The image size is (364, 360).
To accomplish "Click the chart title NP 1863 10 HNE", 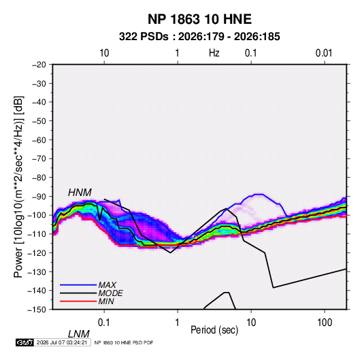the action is (x=199, y=19).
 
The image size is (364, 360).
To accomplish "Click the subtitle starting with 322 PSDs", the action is (x=199, y=37).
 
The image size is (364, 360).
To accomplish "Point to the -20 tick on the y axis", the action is (x=39, y=65).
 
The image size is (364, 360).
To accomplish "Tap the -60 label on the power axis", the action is (x=39, y=140).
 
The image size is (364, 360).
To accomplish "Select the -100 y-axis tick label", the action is (x=37, y=215).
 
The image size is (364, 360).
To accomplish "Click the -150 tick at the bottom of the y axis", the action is (x=37, y=310).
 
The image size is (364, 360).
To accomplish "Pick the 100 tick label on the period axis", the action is (x=325, y=323).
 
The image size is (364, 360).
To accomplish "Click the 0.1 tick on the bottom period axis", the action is (x=104, y=323).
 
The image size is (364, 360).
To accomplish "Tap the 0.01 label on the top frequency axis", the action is (x=324, y=53).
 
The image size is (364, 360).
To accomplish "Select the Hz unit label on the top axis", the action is (x=214, y=53).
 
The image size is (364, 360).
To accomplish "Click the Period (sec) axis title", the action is (x=214, y=330).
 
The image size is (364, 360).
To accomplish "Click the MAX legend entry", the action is (x=107, y=285).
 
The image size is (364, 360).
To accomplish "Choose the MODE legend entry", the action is (x=110, y=293).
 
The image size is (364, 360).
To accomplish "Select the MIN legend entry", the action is (x=106, y=301).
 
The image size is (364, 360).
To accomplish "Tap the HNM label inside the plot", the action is (x=80, y=193).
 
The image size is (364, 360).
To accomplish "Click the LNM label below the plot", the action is (x=79, y=334).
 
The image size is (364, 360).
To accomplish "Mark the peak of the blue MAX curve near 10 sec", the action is (x=259, y=194).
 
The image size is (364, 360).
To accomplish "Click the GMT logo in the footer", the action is (x=24, y=342).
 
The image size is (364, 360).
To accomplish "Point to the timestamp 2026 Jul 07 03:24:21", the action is (x=62, y=342).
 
